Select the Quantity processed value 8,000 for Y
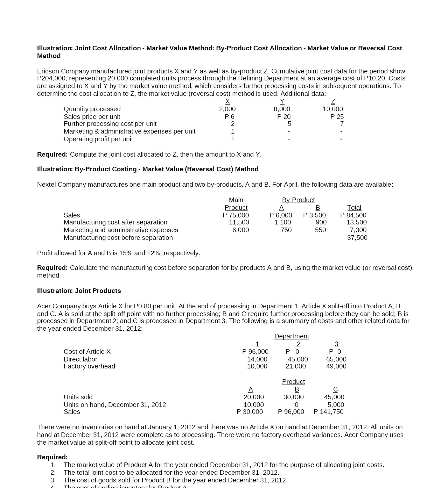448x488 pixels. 282,109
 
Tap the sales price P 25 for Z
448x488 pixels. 337,117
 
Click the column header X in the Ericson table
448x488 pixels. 227,101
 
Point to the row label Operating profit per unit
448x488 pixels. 98,139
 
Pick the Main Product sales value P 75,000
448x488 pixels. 236,215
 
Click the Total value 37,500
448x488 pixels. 357,238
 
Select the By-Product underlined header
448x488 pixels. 298,200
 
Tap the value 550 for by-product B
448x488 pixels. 320,230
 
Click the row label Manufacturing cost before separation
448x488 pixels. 118,238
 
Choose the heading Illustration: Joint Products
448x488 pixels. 79,291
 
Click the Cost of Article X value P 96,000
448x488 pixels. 255,352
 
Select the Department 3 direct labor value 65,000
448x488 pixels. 336,359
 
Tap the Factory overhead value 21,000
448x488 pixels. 295,366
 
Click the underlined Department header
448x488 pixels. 292,336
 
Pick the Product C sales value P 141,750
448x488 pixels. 328,412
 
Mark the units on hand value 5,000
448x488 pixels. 336,405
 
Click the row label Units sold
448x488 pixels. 78,397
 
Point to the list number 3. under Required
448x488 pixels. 53,480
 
